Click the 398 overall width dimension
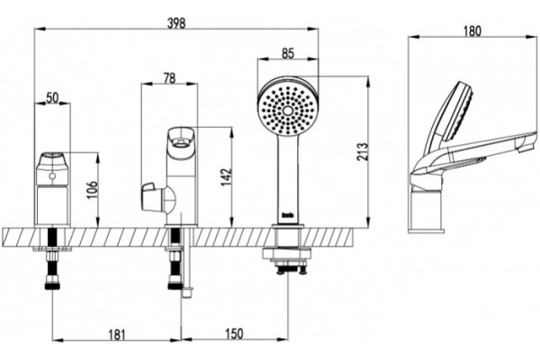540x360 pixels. (176, 23)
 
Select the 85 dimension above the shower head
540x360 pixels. (288, 53)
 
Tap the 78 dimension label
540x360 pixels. (169, 78)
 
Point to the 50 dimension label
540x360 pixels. (52, 98)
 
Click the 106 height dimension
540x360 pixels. (93, 190)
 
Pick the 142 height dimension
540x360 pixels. (226, 177)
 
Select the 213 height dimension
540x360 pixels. (363, 151)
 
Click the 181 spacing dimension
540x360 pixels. (117, 335)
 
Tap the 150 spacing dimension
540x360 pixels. (234, 334)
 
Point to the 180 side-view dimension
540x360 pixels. (472, 31)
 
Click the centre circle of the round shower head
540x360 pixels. (288, 110)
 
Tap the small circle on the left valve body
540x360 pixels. (52, 176)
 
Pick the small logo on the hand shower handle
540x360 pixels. (288, 216)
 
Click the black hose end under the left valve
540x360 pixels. (52, 284)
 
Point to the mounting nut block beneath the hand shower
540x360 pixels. (288, 254)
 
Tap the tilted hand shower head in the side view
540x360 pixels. (454, 112)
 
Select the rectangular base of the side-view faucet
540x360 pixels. (427, 211)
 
